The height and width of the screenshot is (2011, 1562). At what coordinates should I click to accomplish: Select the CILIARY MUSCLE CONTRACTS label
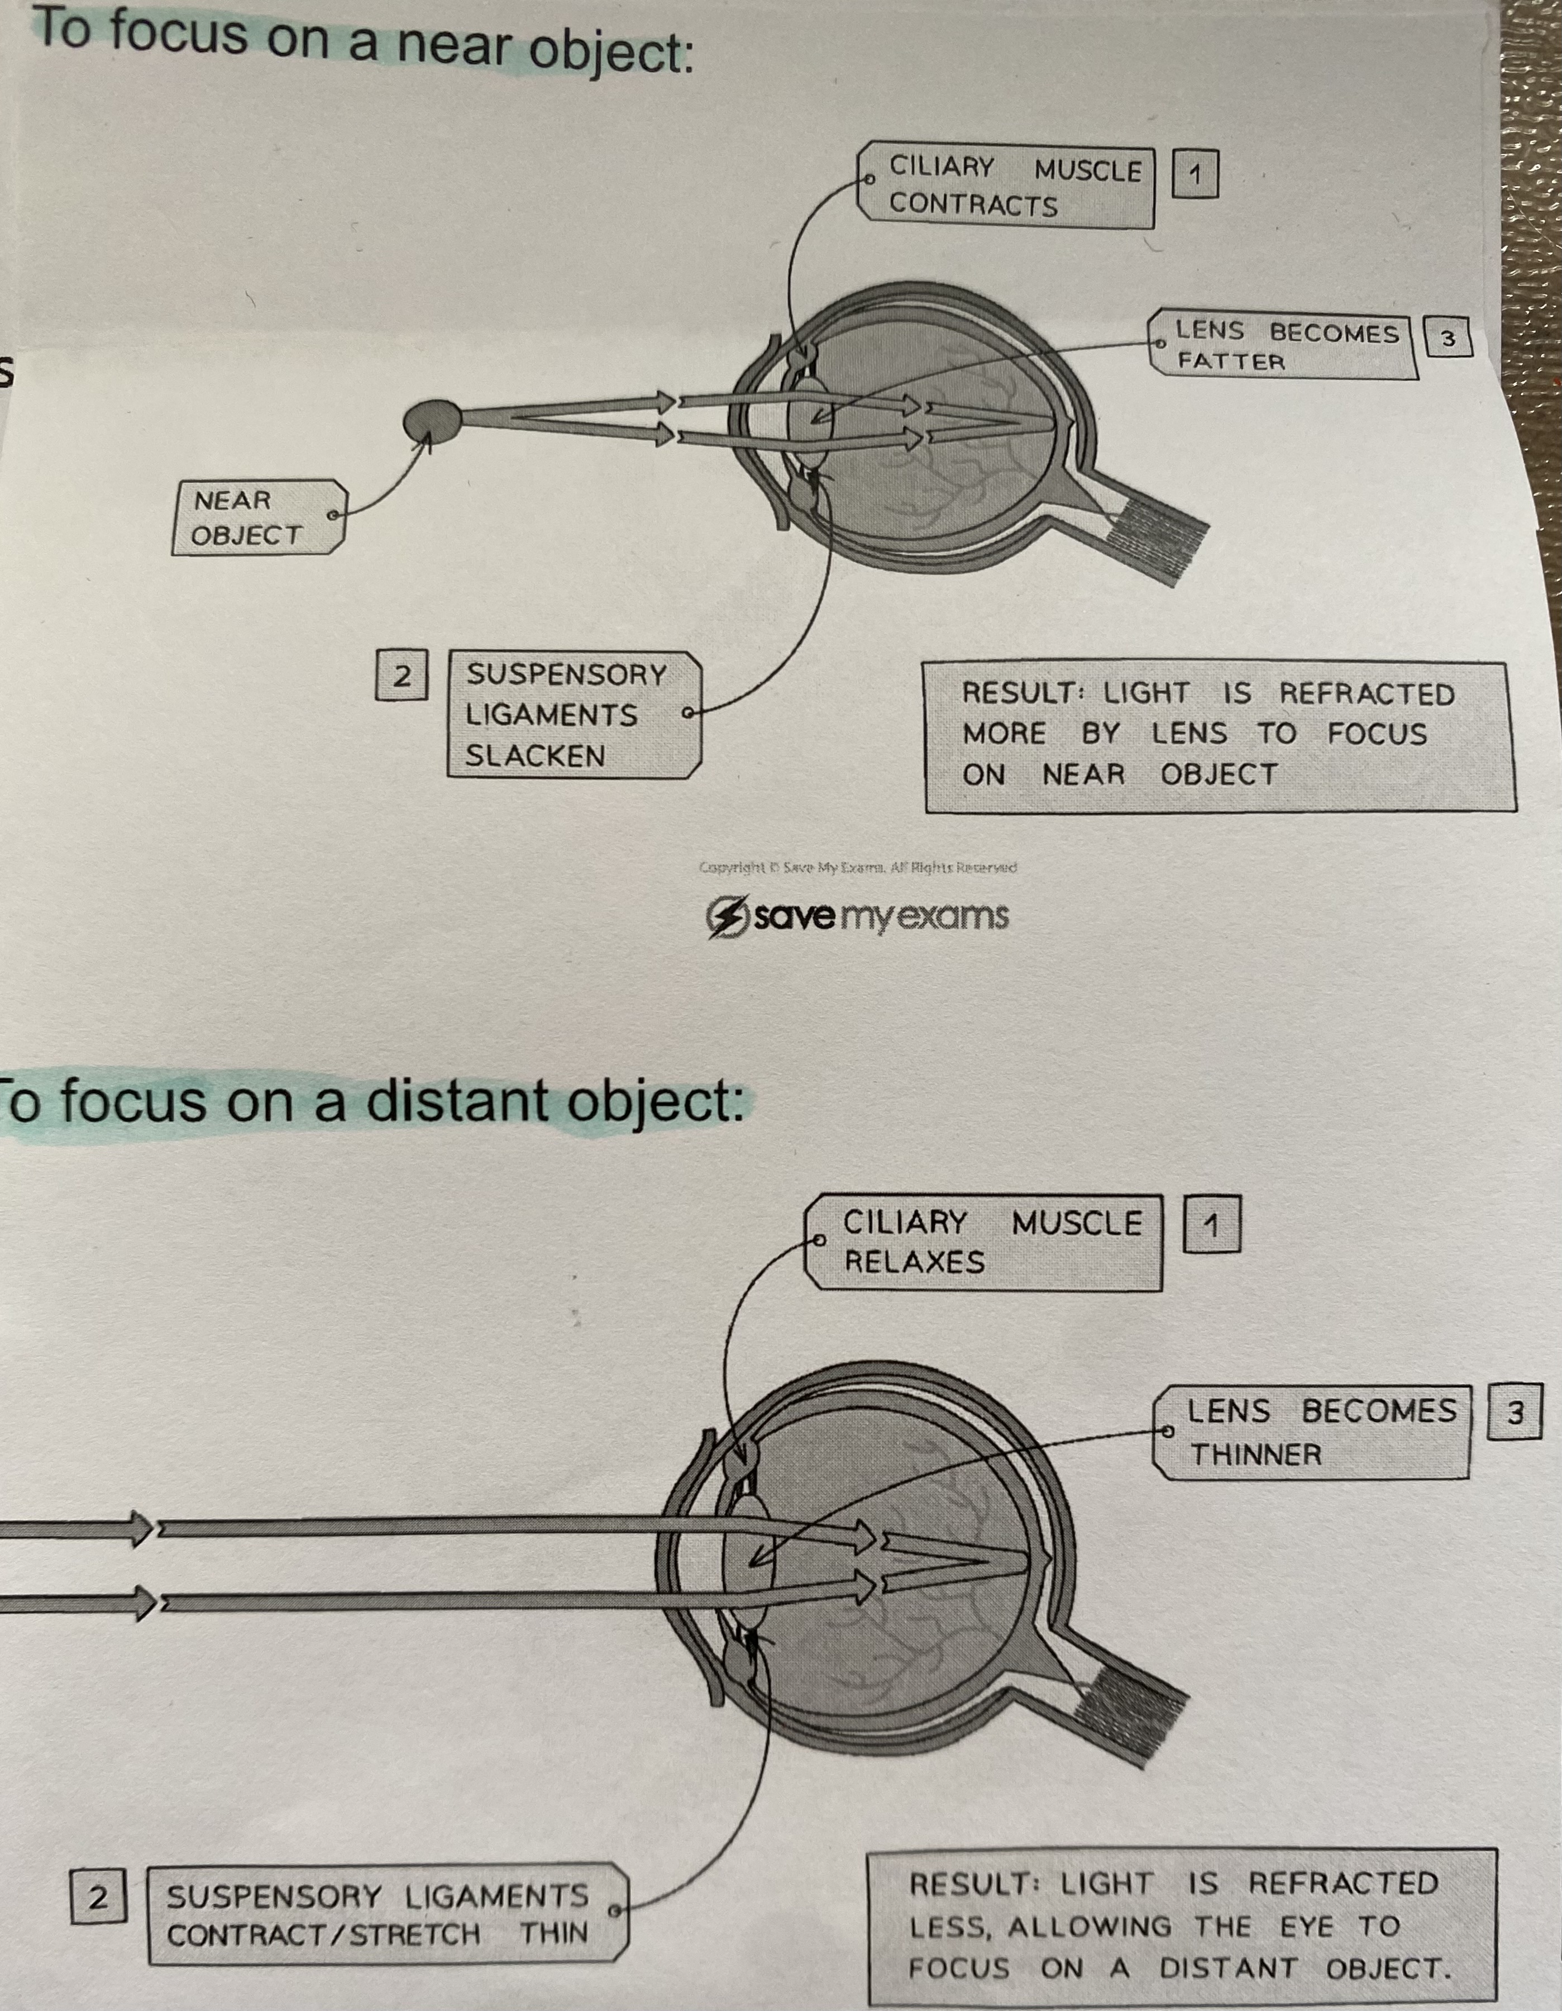click(1006, 186)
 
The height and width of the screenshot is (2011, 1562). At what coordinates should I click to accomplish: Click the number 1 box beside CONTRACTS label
click(1195, 174)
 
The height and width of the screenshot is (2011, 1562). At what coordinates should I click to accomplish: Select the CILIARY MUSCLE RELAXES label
click(983, 1242)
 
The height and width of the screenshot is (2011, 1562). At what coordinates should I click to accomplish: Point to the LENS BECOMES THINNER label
click(1312, 1433)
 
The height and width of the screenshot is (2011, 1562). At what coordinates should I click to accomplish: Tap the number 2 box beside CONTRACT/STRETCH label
click(98, 1897)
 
